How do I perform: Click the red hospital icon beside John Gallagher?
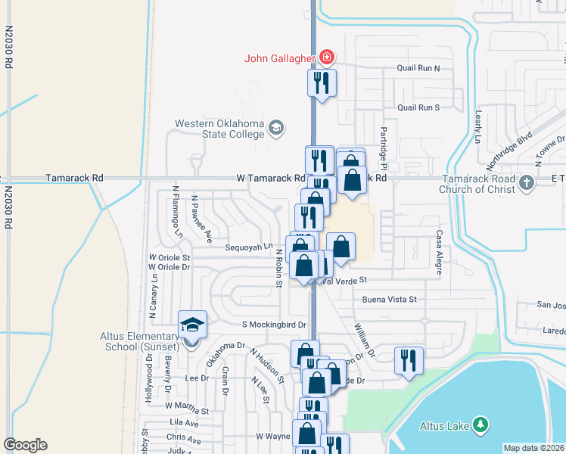[x=327, y=57]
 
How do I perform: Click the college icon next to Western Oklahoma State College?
[x=276, y=128]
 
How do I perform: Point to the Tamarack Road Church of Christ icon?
[x=527, y=182]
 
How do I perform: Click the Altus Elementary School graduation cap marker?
[x=191, y=326]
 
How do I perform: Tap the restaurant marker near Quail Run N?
[x=321, y=84]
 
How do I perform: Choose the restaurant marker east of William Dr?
[x=409, y=362]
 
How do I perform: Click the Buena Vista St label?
[x=390, y=300]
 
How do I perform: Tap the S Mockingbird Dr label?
[x=273, y=325]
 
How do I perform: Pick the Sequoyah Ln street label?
[x=248, y=247]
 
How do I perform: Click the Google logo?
[x=25, y=445]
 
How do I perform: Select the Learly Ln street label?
[x=478, y=126]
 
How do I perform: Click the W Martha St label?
[x=186, y=409]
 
